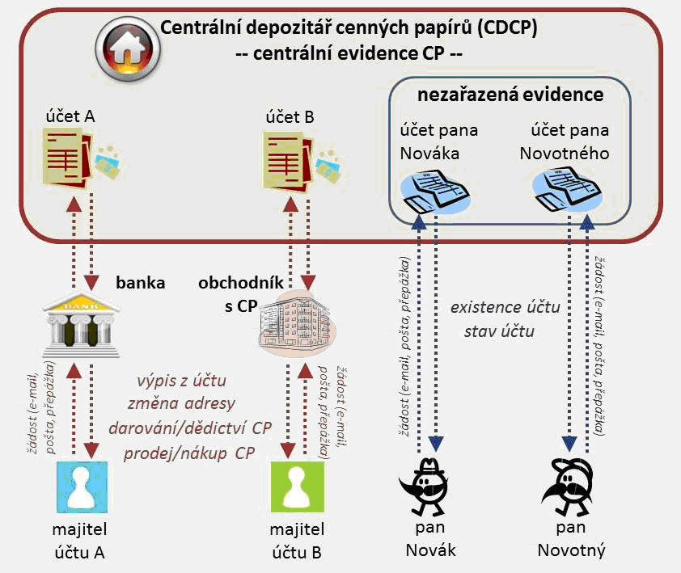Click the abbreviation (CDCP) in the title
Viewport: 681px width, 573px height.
507,27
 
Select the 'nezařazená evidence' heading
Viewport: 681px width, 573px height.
510,95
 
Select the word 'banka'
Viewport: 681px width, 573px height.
141,283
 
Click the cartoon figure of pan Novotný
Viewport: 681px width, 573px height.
571,489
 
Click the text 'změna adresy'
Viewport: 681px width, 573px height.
182,403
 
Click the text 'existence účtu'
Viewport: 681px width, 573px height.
505,307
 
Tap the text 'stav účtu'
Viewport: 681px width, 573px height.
498,331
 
